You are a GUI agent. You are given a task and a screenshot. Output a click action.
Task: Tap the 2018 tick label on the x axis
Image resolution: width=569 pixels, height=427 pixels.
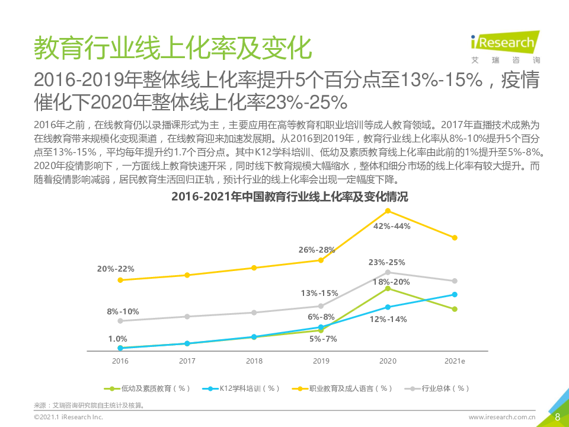point(254,361)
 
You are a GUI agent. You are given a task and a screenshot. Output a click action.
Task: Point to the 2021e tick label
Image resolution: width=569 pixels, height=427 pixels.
point(454,361)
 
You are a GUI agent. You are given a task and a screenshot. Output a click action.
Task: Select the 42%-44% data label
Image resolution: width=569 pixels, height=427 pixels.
point(392,226)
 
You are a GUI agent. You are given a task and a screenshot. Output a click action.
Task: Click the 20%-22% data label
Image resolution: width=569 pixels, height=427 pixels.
point(116,269)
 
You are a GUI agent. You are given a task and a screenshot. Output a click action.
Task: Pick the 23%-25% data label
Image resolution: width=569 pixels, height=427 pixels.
point(386,262)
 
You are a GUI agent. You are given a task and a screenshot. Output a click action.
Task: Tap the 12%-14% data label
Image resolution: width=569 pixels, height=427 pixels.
point(388,319)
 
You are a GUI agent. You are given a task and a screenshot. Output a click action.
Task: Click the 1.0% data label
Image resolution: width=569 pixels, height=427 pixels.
point(117,339)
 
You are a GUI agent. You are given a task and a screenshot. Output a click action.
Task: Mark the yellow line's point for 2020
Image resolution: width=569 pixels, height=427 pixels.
point(388,211)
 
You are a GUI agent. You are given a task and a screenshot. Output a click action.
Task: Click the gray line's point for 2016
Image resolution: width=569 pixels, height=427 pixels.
point(120,321)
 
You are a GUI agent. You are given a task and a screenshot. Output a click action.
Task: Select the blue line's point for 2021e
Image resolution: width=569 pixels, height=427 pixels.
point(455,294)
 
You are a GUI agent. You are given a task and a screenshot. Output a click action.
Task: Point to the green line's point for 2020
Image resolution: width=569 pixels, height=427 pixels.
point(388,288)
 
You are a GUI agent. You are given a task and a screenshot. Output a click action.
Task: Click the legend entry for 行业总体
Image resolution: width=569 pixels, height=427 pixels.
point(439,388)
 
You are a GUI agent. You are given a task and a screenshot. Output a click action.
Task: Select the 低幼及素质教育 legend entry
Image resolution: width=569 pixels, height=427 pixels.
point(148,388)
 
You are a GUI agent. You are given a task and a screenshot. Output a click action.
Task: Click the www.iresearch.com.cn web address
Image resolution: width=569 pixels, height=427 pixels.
point(502,418)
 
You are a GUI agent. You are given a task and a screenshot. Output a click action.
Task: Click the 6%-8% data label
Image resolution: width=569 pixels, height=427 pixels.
point(321,317)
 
